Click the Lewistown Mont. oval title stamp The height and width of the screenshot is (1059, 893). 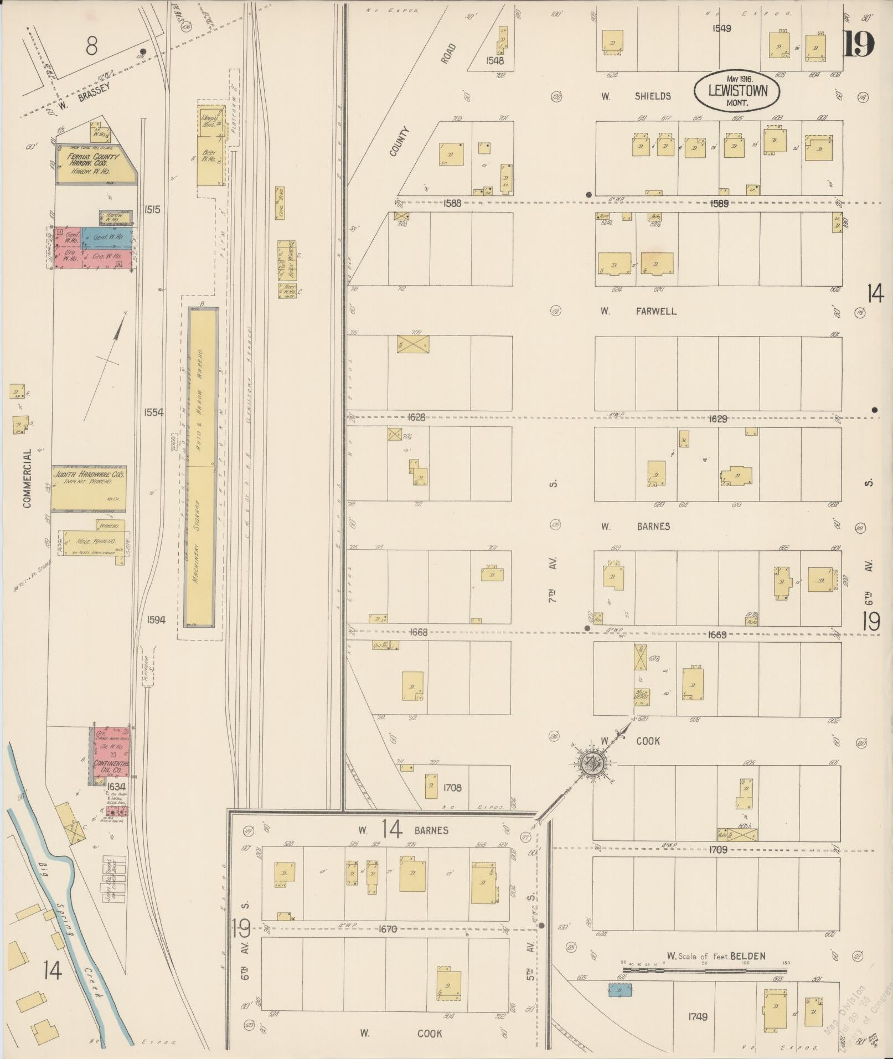tap(737, 90)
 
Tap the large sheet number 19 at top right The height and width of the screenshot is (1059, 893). tap(858, 45)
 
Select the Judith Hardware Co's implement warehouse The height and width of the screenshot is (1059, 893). tap(89, 488)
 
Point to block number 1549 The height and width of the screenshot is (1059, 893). tap(721, 28)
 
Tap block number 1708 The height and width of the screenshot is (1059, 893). tap(452, 787)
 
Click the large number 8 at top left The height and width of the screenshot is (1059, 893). tap(92, 47)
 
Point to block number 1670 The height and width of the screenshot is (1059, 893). tap(387, 929)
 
